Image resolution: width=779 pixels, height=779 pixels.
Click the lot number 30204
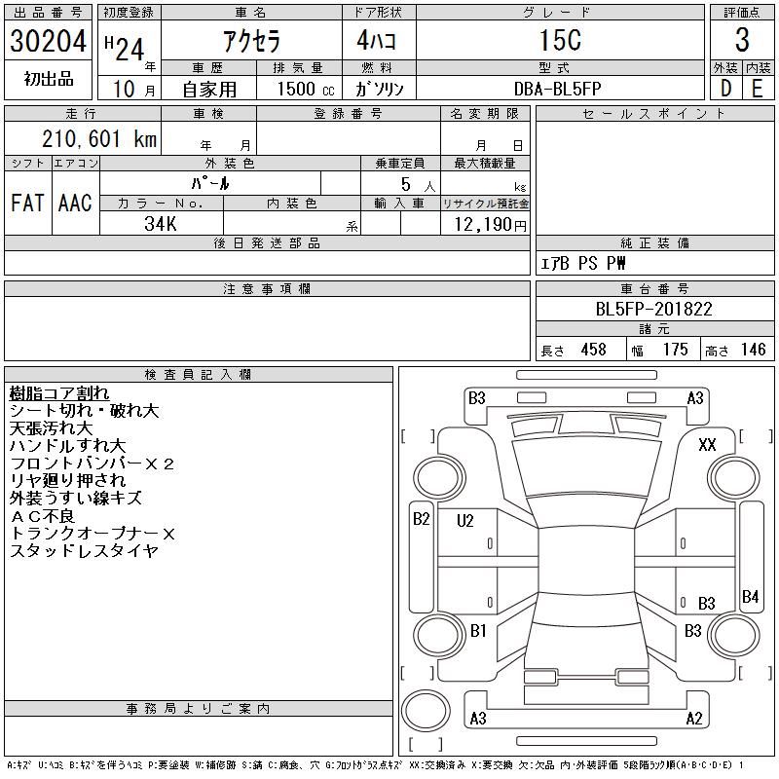click(x=48, y=40)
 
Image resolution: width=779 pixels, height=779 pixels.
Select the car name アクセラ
click(x=252, y=41)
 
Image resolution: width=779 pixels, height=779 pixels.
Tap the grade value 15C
click(x=561, y=40)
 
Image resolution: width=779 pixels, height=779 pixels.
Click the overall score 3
click(x=742, y=40)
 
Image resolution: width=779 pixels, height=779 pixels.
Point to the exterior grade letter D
click(x=725, y=89)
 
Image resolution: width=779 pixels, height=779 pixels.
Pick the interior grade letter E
click(x=758, y=89)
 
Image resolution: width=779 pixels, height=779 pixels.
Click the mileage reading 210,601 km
click(x=99, y=138)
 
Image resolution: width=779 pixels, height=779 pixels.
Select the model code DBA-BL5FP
click(x=557, y=89)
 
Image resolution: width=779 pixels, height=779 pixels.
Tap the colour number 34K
click(x=161, y=224)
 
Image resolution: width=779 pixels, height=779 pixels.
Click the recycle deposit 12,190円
click(x=490, y=225)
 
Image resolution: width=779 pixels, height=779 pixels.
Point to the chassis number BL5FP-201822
click(x=653, y=309)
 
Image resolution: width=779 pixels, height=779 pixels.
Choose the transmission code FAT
click(x=27, y=203)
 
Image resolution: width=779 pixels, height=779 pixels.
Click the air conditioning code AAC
click(x=75, y=203)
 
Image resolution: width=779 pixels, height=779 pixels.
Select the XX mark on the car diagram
click(x=707, y=444)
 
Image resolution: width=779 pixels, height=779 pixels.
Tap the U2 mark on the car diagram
click(x=465, y=521)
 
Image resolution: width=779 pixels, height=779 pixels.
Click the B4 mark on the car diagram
click(x=750, y=596)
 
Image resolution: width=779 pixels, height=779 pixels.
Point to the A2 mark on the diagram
click(x=694, y=718)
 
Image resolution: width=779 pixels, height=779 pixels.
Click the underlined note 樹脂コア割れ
click(x=59, y=393)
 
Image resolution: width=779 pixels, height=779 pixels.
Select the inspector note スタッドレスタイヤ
click(x=84, y=550)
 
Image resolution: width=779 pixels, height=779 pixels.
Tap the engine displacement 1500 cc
click(x=306, y=89)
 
